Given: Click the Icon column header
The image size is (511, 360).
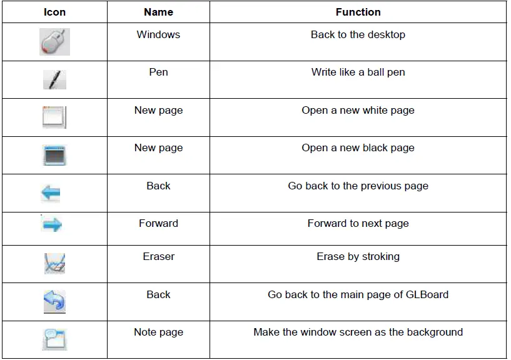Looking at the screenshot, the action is click(x=54, y=12).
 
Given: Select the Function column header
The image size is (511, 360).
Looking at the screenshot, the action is click(x=358, y=12).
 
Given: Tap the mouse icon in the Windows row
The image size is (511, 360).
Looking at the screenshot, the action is click(x=54, y=42).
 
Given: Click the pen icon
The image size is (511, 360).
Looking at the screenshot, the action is click(x=54, y=79).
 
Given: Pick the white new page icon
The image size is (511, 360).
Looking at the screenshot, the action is click(x=54, y=117).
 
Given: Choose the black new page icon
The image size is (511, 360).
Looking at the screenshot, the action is click(x=54, y=155).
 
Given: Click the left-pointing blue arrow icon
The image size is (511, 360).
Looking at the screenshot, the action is click(x=51, y=193).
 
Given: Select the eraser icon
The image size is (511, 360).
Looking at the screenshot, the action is click(x=54, y=263).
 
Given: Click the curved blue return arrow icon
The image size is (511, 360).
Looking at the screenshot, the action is click(x=54, y=301).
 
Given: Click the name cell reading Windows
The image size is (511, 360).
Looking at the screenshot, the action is click(x=158, y=34).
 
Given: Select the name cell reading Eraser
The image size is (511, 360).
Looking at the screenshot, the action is click(x=158, y=256).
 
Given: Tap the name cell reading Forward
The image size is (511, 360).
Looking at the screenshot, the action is click(x=158, y=223).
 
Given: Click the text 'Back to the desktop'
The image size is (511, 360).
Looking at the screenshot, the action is click(x=358, y=34).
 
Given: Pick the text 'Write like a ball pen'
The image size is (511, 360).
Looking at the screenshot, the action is click(x=358, y=72).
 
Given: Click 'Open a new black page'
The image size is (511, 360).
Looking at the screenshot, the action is click(x=358, y=148).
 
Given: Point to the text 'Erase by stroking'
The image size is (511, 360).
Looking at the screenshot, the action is click(x=358, y=256).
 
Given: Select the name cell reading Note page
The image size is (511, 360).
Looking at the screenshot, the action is click(x=158, y=332).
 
